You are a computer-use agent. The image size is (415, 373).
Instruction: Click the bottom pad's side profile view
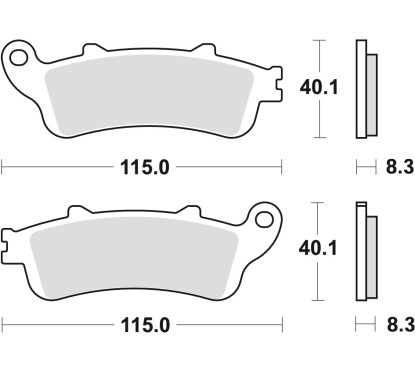coord(364,250)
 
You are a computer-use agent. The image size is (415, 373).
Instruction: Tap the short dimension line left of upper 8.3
coord(362,166)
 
